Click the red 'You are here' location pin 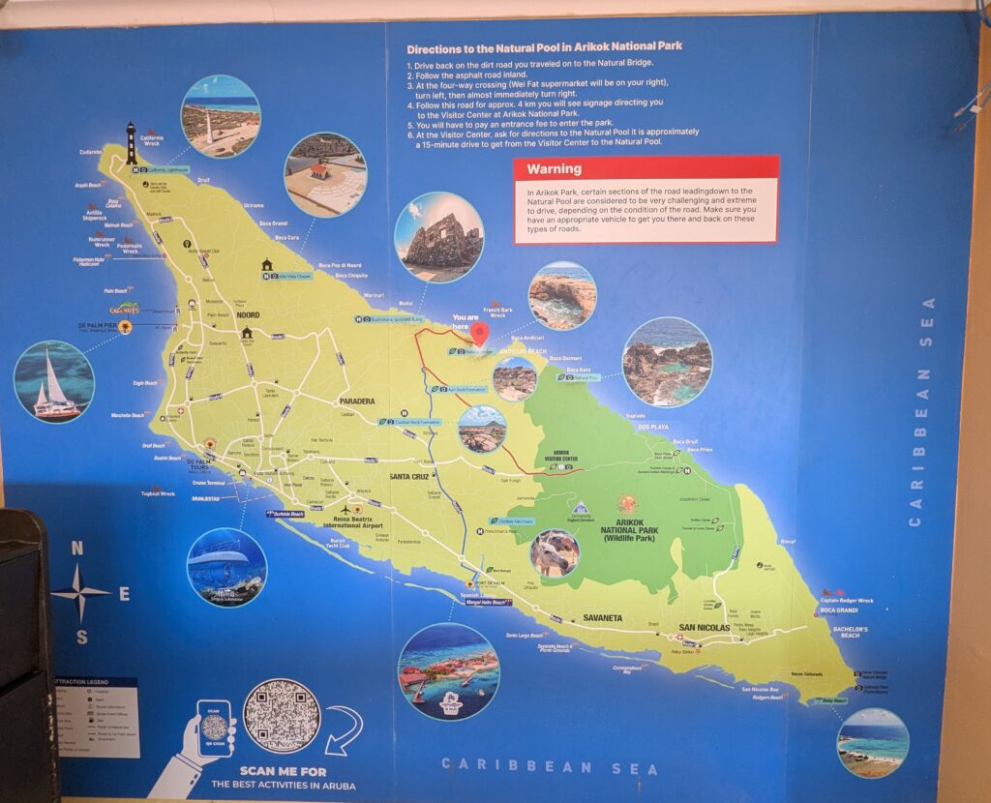coord(480,334)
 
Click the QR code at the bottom coord(282,716)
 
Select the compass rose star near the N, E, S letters coord(80,592)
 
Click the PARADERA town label coord(356,401)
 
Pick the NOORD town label coord(246,315)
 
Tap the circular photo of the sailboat coord(54,381)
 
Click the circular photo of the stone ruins coord(438,237)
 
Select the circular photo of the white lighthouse coord(220,116)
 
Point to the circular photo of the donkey coord(555,553)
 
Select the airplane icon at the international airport coord(345,509)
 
